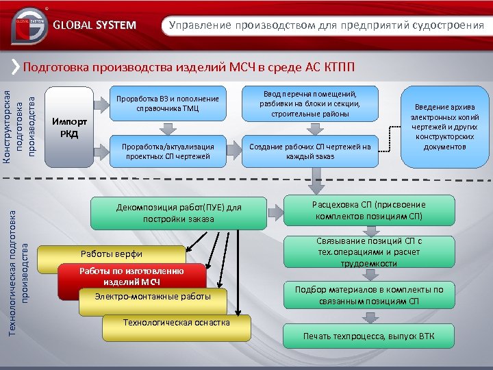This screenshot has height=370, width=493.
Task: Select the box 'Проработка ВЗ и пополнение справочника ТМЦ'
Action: tap(167, 103)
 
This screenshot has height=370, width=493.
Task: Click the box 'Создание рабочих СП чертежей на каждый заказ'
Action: tap(309, 151)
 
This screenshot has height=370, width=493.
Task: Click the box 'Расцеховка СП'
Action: tap(368, 210)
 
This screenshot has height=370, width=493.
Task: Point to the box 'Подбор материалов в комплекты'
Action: tap(368, 295)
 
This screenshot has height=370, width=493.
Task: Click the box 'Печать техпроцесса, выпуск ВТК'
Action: tap(368, 336)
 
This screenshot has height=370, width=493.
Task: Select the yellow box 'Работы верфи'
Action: tap(110, 253)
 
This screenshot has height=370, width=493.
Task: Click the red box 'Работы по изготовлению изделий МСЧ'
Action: tap(131, 276)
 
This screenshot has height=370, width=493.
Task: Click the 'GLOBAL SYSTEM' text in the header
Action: tap(94, 26)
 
